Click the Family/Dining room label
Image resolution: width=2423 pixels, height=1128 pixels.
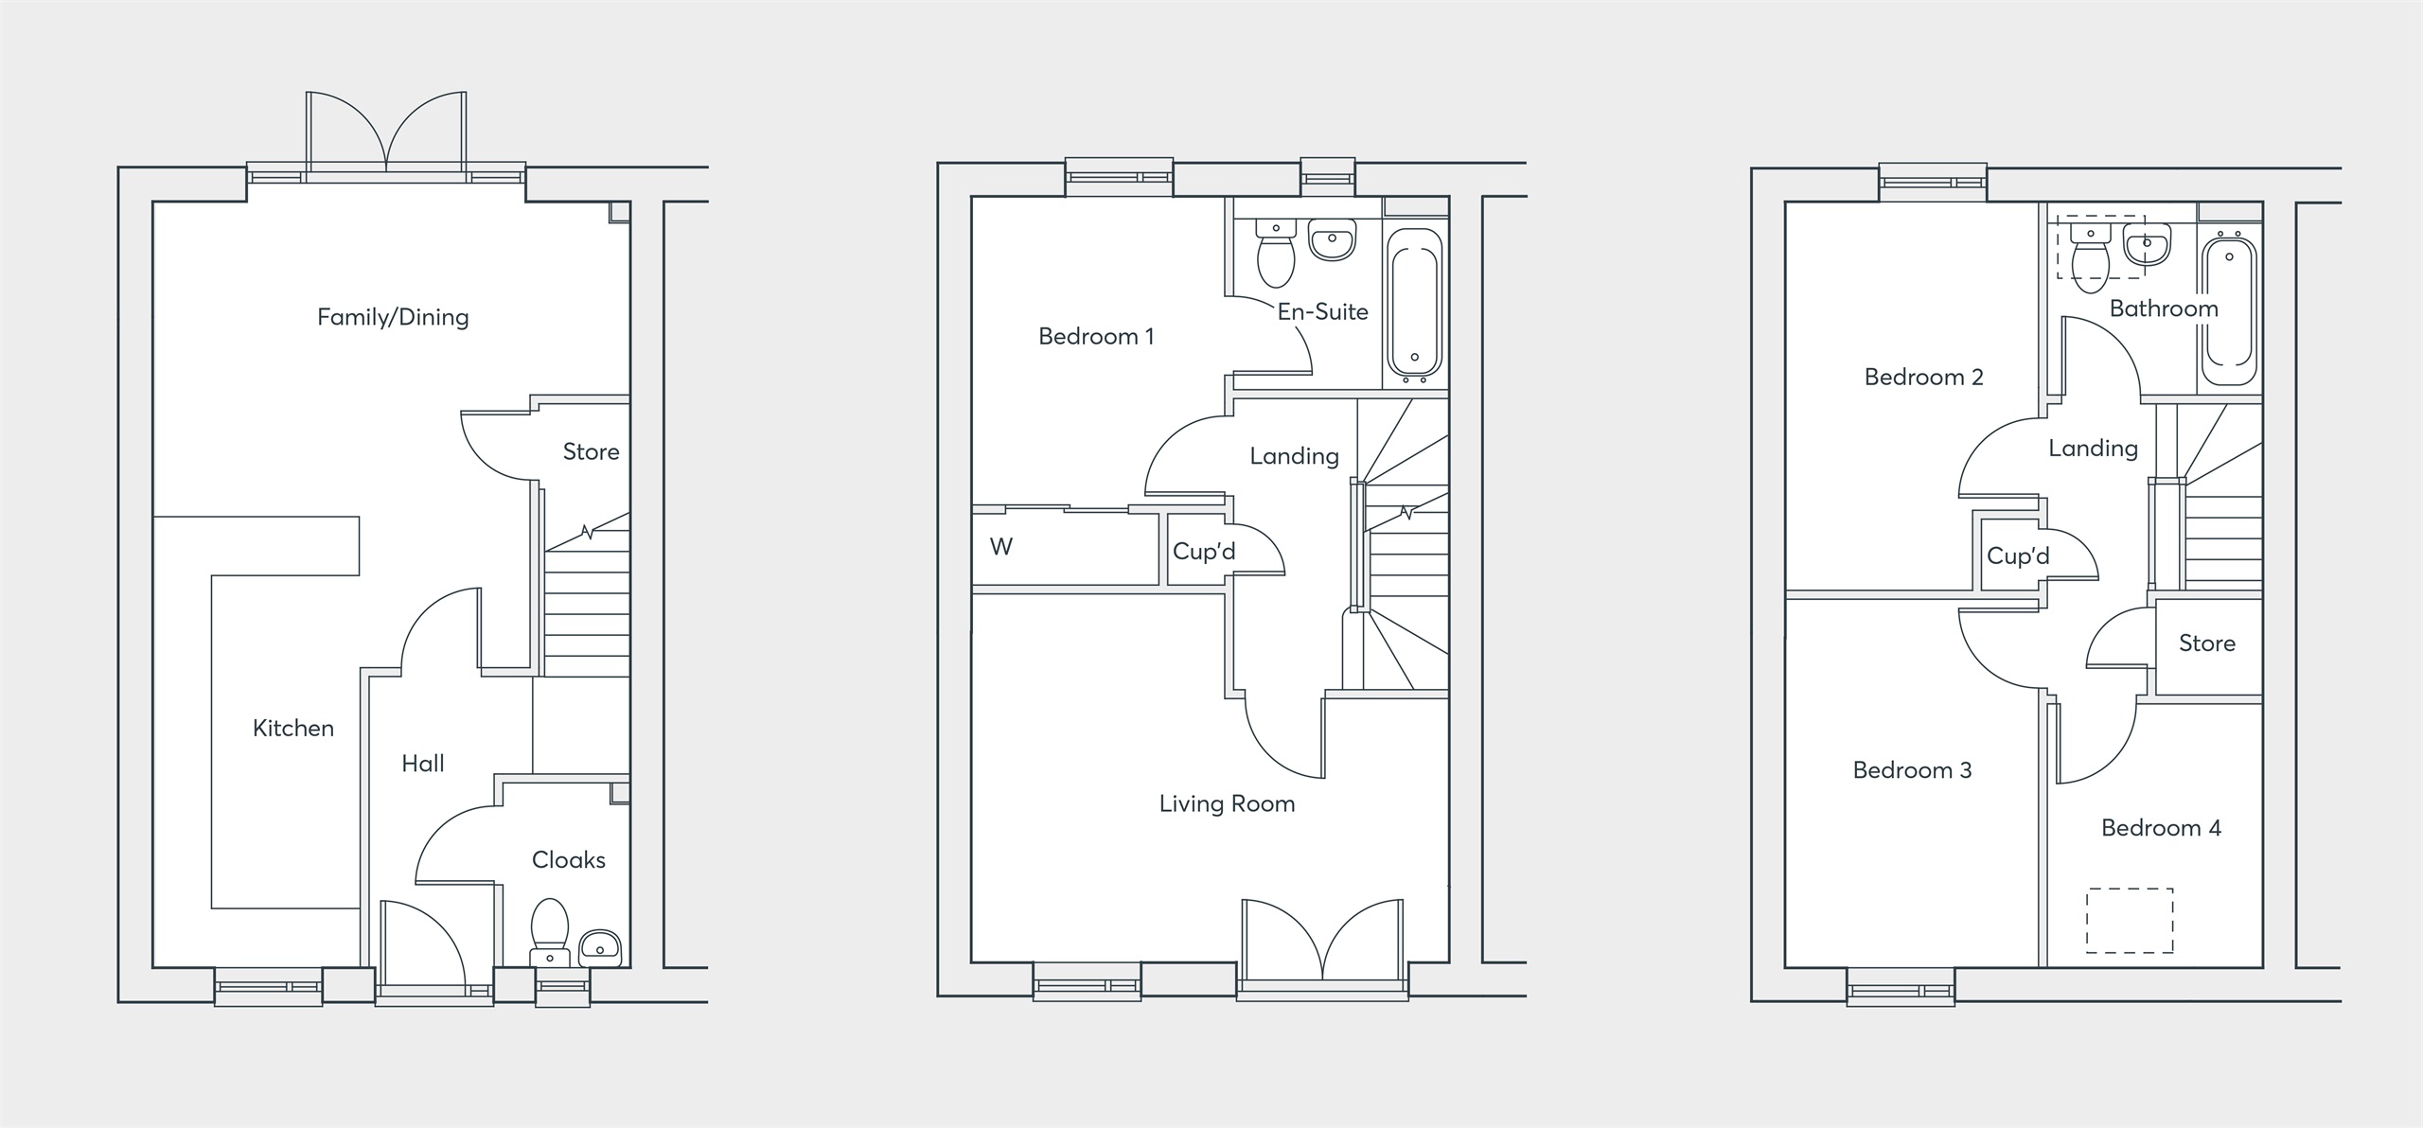(393, 317)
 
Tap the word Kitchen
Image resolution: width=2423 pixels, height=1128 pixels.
(293, 728)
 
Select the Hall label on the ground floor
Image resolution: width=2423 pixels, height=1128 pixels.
(422, 764)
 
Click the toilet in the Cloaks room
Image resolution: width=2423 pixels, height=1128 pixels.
(549, 927)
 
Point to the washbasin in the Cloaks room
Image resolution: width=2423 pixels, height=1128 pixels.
(599, 944)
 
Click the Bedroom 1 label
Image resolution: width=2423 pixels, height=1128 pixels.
(1096, 337)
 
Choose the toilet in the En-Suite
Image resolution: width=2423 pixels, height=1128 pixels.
(1276, 254)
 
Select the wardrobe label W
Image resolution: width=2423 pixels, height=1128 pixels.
(1000, 547)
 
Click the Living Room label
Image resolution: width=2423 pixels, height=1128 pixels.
(1227, 804)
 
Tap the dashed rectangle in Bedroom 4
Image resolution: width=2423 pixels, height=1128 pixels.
(2130, 920)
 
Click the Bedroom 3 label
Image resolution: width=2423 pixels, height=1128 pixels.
(1912, 770)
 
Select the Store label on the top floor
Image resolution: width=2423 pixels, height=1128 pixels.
(2207, 643)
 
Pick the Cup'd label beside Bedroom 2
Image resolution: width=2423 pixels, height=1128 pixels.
(2018, 556)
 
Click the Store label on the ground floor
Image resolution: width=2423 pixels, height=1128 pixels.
(591, 452)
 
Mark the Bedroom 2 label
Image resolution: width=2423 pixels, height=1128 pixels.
(1923, 378)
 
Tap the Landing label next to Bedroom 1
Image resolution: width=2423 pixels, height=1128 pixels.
(1294, 456)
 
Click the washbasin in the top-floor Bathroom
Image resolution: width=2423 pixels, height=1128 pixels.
(2147, 246)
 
